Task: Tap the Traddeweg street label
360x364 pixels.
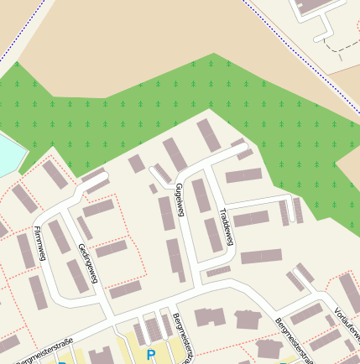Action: click(x=224, y=226)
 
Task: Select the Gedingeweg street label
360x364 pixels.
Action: click(x=87, y=263)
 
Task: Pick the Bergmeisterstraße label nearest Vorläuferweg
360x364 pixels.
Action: click(x=293, y=340)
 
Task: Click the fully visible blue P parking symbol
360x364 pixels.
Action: click(x=151, y=355)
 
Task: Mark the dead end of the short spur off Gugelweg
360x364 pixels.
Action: click(x=152, y=170)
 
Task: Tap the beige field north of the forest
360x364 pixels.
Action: click(x=126, y=34)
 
